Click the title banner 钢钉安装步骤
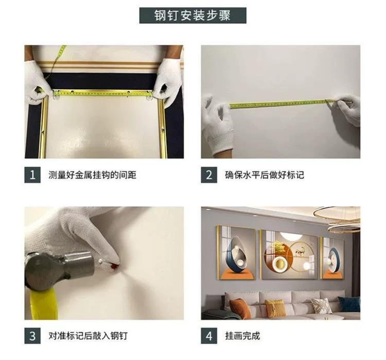coord(193,15)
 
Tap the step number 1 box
coord(32,175)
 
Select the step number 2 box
coord(209,175)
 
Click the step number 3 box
coord(32,336)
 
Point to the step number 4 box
coord(209,336)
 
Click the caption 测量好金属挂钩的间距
coord(92,175)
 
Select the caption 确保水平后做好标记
coord(265,175)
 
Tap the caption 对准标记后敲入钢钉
coord(88,336)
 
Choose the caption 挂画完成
coord(242,336)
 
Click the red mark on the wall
coord(114,266)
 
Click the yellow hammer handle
coord(43,305)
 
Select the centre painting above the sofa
coord(290,255)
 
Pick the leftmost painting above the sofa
coord(236,252)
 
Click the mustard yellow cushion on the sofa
coord(275,308)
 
